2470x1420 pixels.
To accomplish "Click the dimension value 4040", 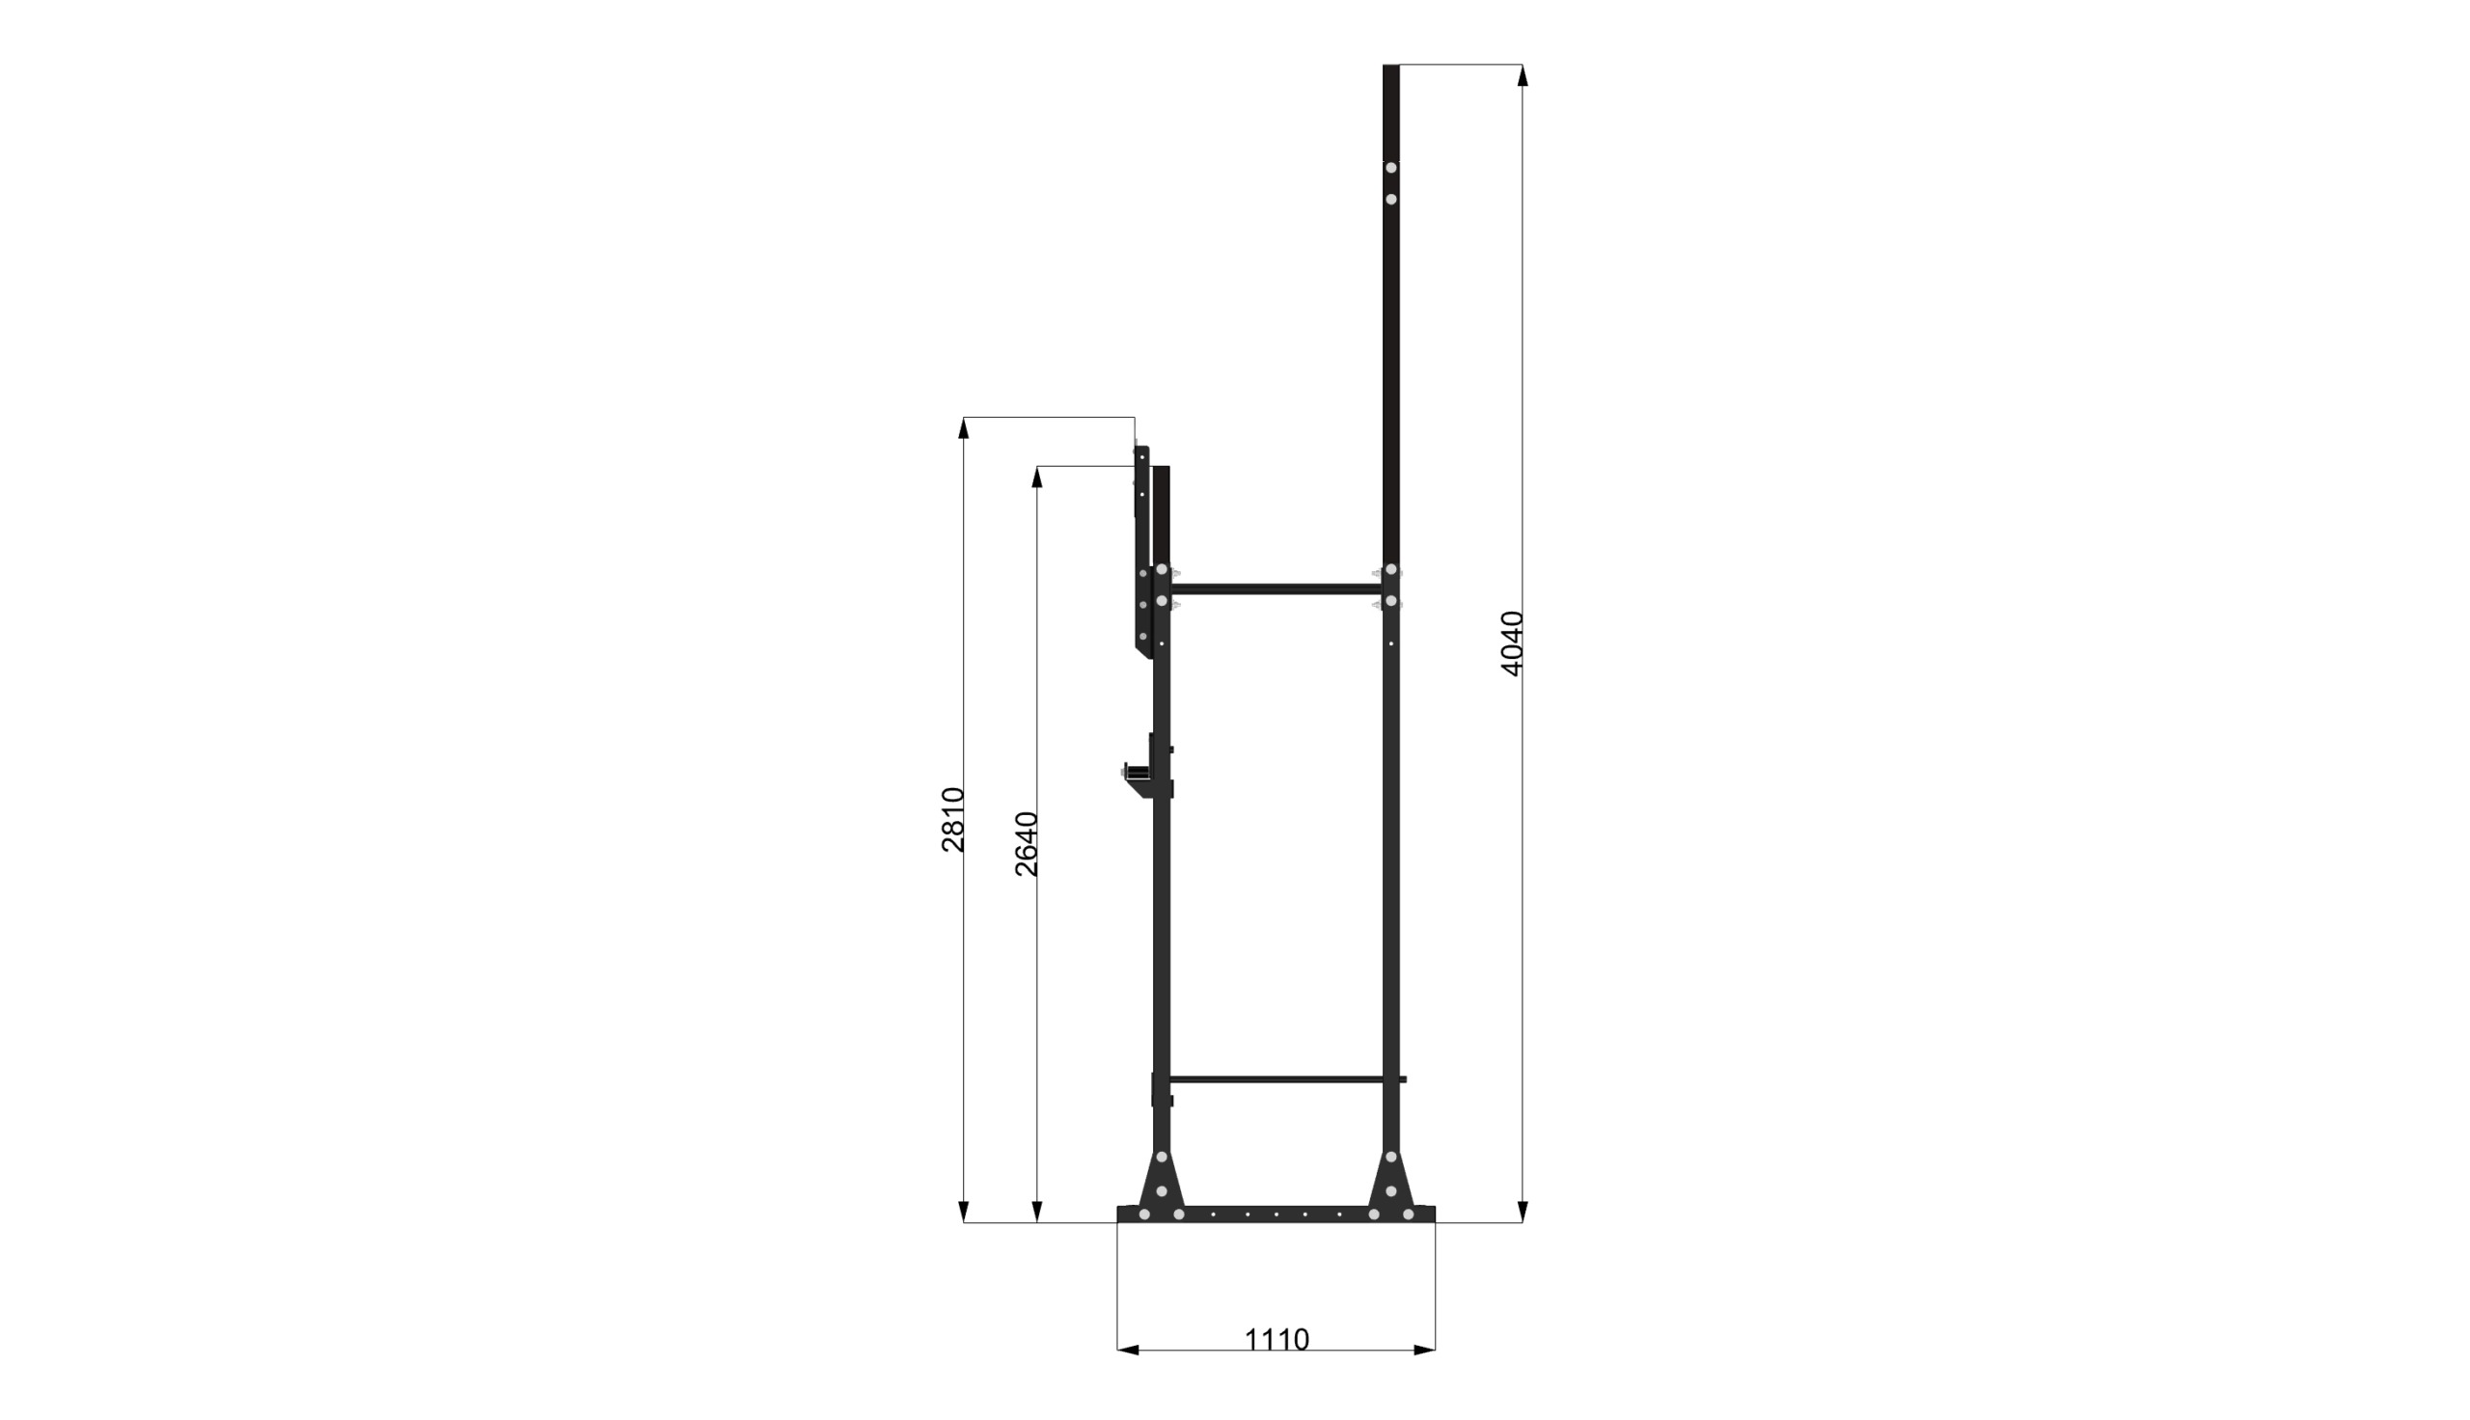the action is (x=1512, y=642).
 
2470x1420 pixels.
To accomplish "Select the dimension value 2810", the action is (x=952, y=819).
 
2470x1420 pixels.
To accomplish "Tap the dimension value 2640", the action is (x=1027, y=844).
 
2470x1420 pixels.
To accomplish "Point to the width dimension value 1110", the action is (x=1276, y=1340).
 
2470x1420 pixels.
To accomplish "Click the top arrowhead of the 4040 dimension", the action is (x=1523, y=75).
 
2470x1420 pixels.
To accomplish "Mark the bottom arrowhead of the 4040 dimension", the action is (x=1523, y=1212).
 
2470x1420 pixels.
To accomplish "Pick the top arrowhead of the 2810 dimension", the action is (x=964, y=428).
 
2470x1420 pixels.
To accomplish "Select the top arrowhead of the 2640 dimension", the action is (x=1037, y=477).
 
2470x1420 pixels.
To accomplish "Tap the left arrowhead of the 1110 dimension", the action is (x=1128, y=1350).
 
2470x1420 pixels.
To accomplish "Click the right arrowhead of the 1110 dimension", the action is (x=1424, y=1350).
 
